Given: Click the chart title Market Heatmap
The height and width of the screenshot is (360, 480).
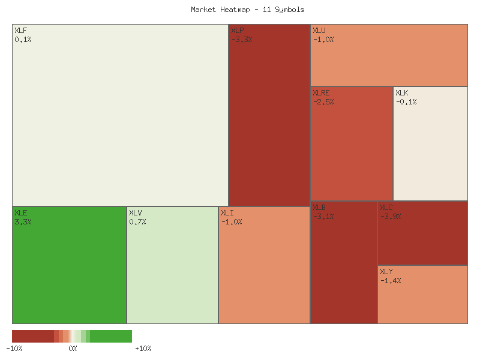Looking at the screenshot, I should (248, 10).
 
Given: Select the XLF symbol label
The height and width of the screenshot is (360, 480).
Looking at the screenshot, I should (20, 31).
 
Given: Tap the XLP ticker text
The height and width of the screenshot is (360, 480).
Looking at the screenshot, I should (238, 31).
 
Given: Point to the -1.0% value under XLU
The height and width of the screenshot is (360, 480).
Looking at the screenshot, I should (323, 40).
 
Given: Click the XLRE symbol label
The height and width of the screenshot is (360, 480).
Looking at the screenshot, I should (321, 93).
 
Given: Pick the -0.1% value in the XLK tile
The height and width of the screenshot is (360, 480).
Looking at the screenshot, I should (406, 102).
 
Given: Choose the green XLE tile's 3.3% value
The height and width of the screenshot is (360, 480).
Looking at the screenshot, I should (23, 222).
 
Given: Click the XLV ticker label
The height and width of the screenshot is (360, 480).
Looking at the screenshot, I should (136, 213).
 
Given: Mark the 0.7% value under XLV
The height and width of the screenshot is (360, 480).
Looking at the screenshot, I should (137, 222).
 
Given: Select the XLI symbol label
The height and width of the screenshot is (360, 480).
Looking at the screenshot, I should (227, 213).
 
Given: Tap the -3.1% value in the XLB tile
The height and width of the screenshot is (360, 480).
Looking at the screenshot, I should (323, 217).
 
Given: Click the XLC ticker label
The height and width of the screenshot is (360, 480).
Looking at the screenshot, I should (386, 208).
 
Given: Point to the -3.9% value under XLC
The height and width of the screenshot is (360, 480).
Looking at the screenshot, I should (391, 217).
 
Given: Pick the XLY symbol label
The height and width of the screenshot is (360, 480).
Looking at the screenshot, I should (386, 272).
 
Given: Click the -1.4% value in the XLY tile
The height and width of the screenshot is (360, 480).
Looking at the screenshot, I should (391, 281).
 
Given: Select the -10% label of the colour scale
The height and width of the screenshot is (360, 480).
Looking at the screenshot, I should (14, 349).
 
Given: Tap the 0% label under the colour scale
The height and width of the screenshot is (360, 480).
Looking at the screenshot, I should (73, 349).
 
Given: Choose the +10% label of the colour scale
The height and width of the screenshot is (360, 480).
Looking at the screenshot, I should (143, 349).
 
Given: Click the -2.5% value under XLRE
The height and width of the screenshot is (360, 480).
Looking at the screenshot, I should (323, 102).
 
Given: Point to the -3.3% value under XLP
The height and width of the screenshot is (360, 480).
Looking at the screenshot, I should (242, 40).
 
